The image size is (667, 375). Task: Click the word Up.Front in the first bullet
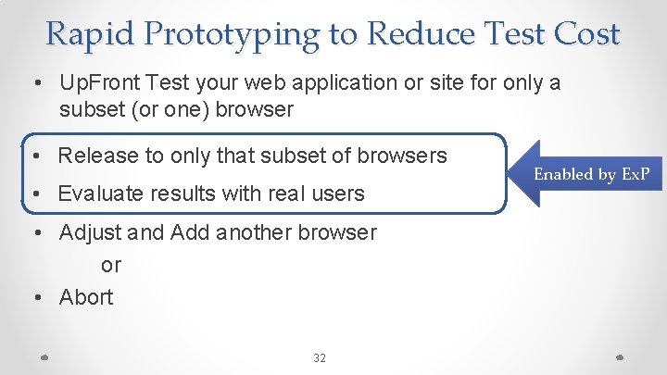click(x=97, y=83)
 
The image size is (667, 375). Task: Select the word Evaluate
click(x=102, y=194)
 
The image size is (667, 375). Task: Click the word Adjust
click(x=90, y=232)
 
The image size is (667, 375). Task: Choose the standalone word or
click(x=111, y=265)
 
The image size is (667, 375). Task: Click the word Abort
click(x=86, y=297)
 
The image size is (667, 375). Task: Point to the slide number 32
click(x=320, y=357)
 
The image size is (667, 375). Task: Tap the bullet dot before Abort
click(x=36, y=297)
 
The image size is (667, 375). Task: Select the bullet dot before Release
click(x=36, y=156)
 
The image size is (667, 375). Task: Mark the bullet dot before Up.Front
click(x=36, y=83)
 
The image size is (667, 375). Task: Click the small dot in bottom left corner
click(x=45, y=356)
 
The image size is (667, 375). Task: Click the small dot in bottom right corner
click(x=620, y=356)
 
